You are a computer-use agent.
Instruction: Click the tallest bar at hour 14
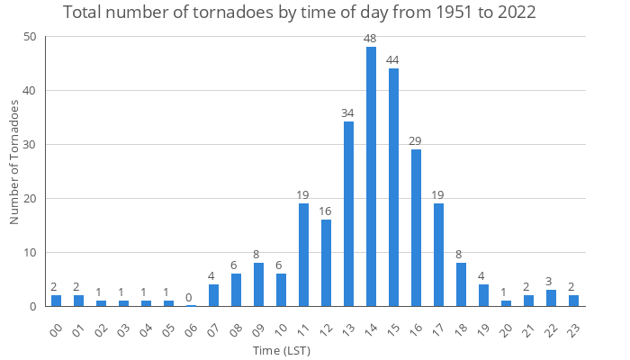click(371, 176)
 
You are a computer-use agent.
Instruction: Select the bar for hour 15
click(393, 187)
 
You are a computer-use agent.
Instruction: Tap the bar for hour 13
click(348, 214)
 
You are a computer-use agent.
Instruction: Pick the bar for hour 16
click(416, 228)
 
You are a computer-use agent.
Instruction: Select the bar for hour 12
click(326, 263)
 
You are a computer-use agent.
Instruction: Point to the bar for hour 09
click(258, 284)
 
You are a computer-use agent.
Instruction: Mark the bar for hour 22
click(551, 298)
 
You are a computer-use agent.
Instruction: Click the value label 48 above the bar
click(371, 38)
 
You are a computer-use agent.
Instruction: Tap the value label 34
click(348, 113)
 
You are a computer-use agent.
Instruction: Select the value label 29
click(416, 140)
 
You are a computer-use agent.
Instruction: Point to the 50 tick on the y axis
click(30, 37)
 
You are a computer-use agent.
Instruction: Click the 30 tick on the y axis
click(30, 145)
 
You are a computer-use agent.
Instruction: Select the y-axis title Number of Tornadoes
click(14, 162)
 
